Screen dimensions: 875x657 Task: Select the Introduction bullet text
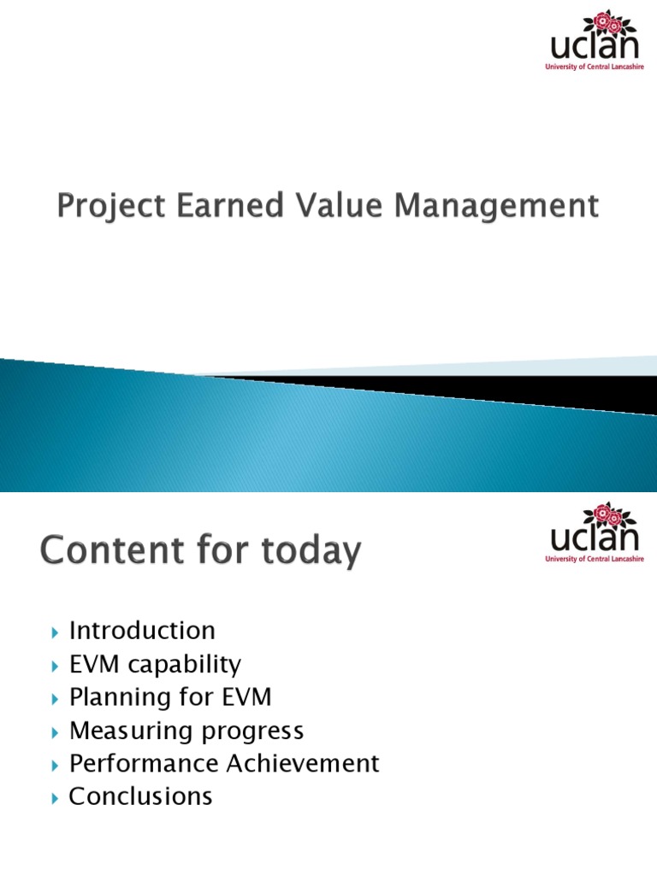pyautogui.click(x=142, y=631)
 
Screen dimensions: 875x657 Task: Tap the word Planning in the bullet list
pyautogui.click(x=121, y=697)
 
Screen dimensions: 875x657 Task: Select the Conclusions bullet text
pyautogui.click(x=140, y=796)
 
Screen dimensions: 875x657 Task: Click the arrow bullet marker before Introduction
pyautogui.click(x=55, y=633)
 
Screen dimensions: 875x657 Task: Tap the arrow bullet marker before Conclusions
pyautogui.click(x=55, y=798)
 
